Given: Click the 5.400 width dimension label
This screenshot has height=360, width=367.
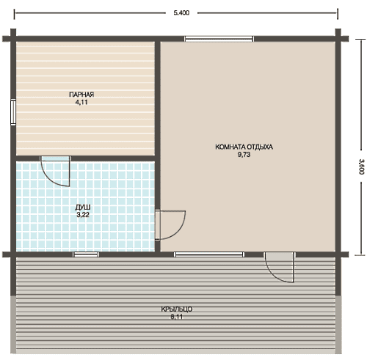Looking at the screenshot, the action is pos(181,13).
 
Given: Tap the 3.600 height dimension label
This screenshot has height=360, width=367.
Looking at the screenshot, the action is pos(361,166).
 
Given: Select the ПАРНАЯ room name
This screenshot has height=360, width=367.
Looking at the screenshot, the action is pos(81,95).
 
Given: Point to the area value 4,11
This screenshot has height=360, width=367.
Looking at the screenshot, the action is pos(81,103).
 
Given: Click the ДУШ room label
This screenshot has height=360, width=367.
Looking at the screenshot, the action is pos(83,207).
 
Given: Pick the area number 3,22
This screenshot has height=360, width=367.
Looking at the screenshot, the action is pos(83,215).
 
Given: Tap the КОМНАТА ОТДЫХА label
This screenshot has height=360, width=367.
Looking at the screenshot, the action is pos(244,147).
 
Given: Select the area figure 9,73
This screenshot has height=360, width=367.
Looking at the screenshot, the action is pos(244,155).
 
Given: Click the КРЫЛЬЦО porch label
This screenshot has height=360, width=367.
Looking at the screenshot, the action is pos(176,309).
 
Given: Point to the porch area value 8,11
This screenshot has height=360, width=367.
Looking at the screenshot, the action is pos(177,317).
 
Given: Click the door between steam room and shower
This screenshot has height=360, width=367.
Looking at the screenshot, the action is pos(56,171).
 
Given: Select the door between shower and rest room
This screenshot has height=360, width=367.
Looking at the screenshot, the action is pos(170,225).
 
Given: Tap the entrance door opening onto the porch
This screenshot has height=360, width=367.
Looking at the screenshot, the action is pos(280,268).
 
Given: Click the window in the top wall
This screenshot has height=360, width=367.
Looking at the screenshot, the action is pos(219,39).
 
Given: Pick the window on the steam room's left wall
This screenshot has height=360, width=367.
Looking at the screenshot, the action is pos(13,113).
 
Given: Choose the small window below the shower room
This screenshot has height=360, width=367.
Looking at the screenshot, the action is pos(86,254).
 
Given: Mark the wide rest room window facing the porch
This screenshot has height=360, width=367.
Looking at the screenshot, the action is pos(209,254).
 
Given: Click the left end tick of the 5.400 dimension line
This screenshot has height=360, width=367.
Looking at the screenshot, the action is pos(14,14).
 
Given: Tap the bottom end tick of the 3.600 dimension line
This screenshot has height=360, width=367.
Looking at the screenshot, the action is pos(360,255).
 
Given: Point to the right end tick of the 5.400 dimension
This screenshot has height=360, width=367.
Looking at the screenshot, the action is pos(338,14).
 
